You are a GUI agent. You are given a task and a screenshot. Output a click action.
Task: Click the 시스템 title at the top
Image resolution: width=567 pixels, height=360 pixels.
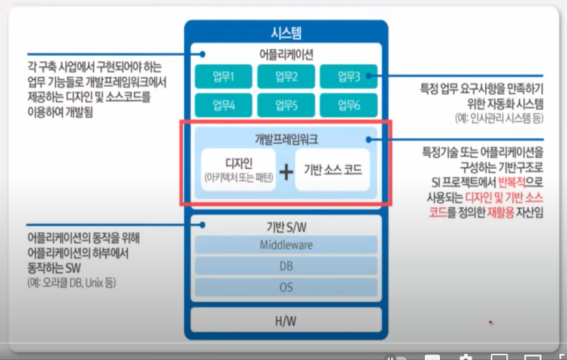point(286,32)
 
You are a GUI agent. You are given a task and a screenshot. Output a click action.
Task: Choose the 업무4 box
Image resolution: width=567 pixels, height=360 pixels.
point(222,105)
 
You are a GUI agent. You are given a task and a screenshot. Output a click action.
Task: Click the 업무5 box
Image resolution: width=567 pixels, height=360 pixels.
point(286,105)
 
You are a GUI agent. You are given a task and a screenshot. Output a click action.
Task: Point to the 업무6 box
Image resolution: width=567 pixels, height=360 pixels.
point(349,105)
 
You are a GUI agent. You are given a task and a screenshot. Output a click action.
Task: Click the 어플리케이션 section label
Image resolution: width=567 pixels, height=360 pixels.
point(286,54)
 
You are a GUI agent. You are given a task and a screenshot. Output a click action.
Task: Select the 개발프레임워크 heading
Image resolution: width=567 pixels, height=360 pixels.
point(286,140)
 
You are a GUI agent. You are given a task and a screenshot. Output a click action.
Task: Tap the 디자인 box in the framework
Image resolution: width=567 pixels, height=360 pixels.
point(239,170)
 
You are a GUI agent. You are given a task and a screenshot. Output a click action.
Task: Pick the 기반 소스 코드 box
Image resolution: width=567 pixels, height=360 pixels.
point(333,170)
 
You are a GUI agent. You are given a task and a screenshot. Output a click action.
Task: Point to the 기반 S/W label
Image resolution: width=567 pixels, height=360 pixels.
point(286,226)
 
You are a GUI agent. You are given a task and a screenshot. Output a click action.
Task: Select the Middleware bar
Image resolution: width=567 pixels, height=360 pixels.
point(286,245)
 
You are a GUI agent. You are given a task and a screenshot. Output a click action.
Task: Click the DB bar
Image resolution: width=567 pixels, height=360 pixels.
point(286,266)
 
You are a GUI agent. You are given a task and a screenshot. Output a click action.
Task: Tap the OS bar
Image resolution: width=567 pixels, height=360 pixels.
point(286,287)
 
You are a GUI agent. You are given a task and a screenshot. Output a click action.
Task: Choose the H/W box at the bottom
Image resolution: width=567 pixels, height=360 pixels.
point(286,321)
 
